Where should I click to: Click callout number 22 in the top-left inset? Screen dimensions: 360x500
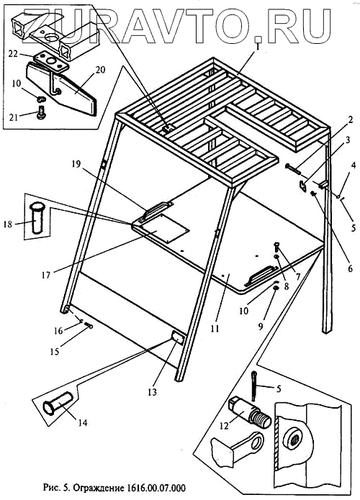(13, 54)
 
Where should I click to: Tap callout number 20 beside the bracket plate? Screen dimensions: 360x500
(100, 70)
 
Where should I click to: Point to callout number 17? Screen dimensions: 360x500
(46, 275)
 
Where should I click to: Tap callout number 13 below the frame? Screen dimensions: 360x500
(153, 391)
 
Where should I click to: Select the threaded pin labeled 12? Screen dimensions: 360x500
(251, 412)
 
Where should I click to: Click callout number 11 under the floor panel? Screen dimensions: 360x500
(215, 328)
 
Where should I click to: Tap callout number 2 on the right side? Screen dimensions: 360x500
(351, 120)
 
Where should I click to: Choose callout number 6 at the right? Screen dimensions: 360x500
(350, 268)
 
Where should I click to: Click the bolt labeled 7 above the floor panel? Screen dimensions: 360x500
(276, 247)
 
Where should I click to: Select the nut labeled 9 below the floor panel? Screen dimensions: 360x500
(275, 288)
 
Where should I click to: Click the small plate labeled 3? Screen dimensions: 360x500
(302, 186)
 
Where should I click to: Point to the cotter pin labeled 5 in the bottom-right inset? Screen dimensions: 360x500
(254, 385)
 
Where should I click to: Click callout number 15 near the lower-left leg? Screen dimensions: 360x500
(55, 351)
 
